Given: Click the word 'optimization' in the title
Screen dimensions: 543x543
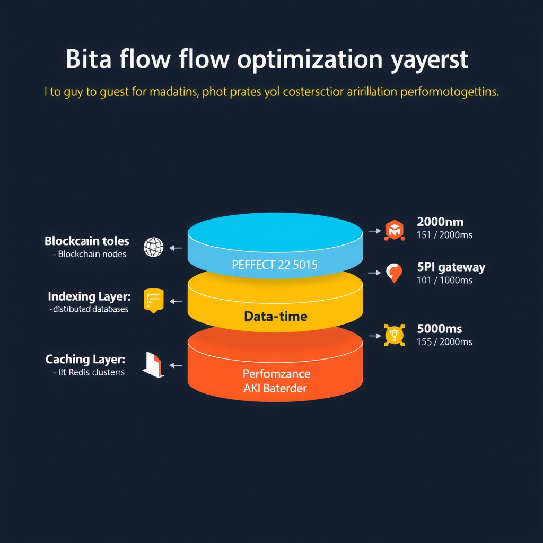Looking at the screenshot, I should pyautogui.click(x=310, y=60).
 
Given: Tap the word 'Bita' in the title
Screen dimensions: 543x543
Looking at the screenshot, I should pyautogui.click(x=89, y=60).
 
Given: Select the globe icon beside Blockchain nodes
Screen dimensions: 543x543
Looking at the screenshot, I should pyautogui.click(x=153, y=247).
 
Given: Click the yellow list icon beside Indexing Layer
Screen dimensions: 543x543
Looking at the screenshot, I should pyautogui.click(x=154, y=301).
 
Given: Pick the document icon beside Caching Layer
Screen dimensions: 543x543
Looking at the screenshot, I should pyautogui.click(x=154, y=365).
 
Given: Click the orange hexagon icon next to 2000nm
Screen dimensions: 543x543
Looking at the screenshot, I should pyautogui.click(x=394, y=231).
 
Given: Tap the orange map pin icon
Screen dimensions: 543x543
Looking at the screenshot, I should pyautogui.click(x=393, y=273).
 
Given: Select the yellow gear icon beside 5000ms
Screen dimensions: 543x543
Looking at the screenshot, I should pyautogui.click(x=394, y=335).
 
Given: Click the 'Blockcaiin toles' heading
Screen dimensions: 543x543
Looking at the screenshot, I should pyautogui.click(x=87, y=241).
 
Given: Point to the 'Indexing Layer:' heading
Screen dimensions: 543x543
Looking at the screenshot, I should pyautogui.click(x=89, y=296).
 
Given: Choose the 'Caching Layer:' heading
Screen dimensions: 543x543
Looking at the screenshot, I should pyautogui.click(x=85, y=359).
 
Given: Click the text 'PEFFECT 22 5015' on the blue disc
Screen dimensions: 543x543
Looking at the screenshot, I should pyautogui.click(x=275, y=264).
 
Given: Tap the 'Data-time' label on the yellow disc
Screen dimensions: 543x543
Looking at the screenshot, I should pyautogui.click(x=275, y=317).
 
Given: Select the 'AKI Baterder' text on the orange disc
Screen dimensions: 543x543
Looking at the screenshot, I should pyautogui.click(x=275, y=388).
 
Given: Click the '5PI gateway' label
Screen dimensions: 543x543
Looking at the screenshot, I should pyautogui.click(x=451, y=267).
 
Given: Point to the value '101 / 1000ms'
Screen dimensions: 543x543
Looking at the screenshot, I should pyautogui.click(x=444, y=280).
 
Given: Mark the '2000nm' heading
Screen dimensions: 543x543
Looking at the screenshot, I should pyautogui.click(x=440, y=222).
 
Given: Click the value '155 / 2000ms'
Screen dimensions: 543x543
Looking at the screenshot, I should pyautogui.click(x=444, y=342).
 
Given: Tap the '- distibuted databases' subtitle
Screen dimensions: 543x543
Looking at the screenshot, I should pyautogui.click(x=89, y=309).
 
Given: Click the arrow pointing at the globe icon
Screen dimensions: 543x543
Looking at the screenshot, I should pyautogui.click(x=176, y=248).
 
